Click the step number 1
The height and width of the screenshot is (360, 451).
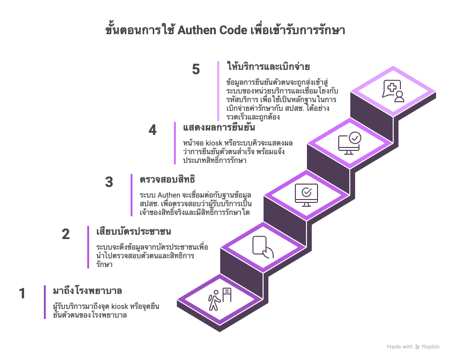pos(22,293)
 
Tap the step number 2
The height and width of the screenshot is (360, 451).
pos(66,234)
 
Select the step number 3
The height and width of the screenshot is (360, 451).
pos(109,182)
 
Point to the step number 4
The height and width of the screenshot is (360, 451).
pos(153,130)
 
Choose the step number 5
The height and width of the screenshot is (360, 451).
pos(196,69)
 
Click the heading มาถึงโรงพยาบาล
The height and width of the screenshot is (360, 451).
pos(87,291)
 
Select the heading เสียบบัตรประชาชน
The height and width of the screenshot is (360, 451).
pos(134,231)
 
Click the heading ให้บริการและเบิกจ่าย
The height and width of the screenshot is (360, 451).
pos(268,66)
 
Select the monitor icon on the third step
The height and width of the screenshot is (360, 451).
pos(306,195)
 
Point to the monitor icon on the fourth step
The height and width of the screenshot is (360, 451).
pos(350,143)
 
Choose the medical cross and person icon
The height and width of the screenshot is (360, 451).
pos(393,91)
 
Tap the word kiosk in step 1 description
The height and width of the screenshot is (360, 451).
pos(120,307)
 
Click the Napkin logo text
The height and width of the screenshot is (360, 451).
pos(431,347)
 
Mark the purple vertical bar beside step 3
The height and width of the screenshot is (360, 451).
pos(132,195)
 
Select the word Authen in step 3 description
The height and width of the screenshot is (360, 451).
pos(169,195)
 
